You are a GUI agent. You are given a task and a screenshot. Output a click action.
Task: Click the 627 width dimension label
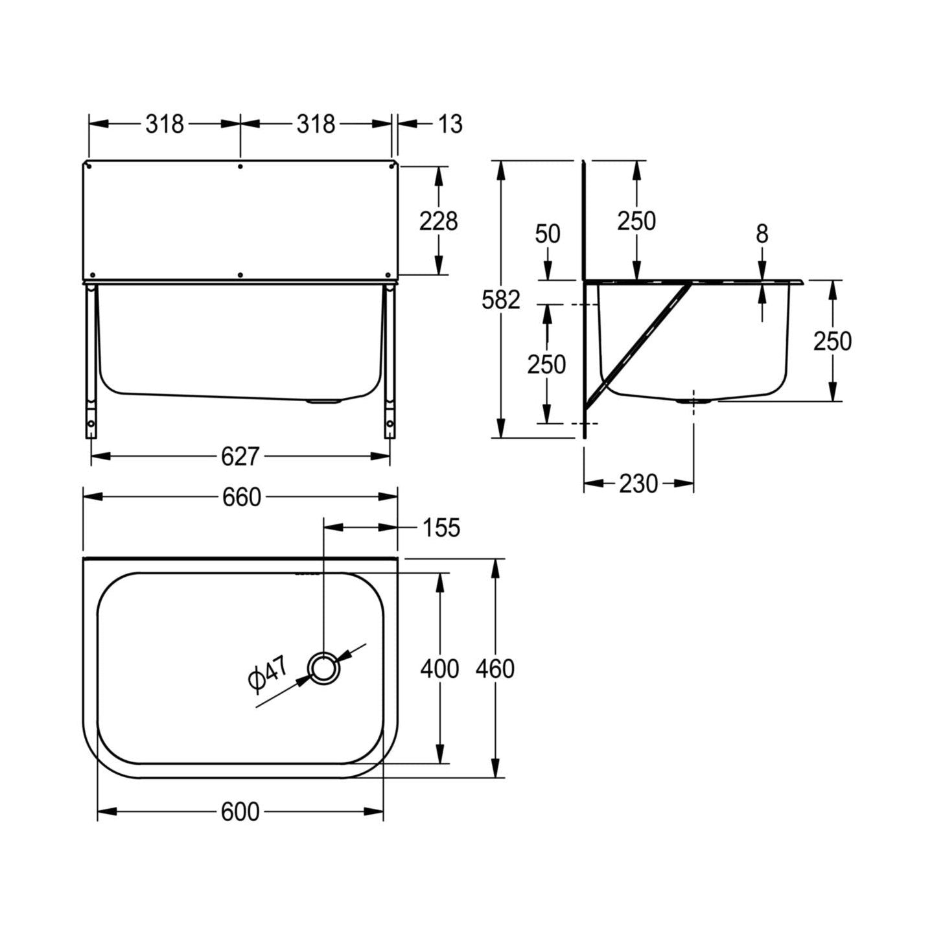[x=240, y=456]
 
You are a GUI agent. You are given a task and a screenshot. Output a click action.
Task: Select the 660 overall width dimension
[x=241, y=497]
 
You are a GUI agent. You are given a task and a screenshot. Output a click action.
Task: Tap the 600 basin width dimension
[x=240, y=811]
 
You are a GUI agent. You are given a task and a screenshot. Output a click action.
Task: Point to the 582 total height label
[x=500, y=300]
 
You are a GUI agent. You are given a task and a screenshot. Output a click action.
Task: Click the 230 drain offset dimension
[x=638, y=483]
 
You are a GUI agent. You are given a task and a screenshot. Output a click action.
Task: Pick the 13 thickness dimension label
[x=450, y=124]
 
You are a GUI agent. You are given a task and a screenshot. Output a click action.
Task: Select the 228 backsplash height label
[x=438, y=222]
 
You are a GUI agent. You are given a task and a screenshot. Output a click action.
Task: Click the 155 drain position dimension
[x=441, y=527]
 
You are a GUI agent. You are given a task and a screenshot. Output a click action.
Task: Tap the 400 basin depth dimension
[x=439, y=670]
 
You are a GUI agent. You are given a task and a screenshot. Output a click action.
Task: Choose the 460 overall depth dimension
[x=495, y=670]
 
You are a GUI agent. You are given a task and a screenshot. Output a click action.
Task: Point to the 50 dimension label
[x=548, y=235]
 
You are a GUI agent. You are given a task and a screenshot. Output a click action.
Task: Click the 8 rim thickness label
[x=762, y=234]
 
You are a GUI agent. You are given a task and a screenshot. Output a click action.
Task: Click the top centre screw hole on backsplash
[x=240, y=167]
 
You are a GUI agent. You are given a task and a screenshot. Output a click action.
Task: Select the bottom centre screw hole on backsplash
[x=240, y=275]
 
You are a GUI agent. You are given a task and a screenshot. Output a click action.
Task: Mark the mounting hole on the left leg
[x=91, y=424]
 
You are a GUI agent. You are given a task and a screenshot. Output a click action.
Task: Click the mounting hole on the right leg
[x=390, y=424]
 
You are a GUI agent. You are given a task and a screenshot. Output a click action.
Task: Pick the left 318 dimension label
[x=165, y=124]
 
